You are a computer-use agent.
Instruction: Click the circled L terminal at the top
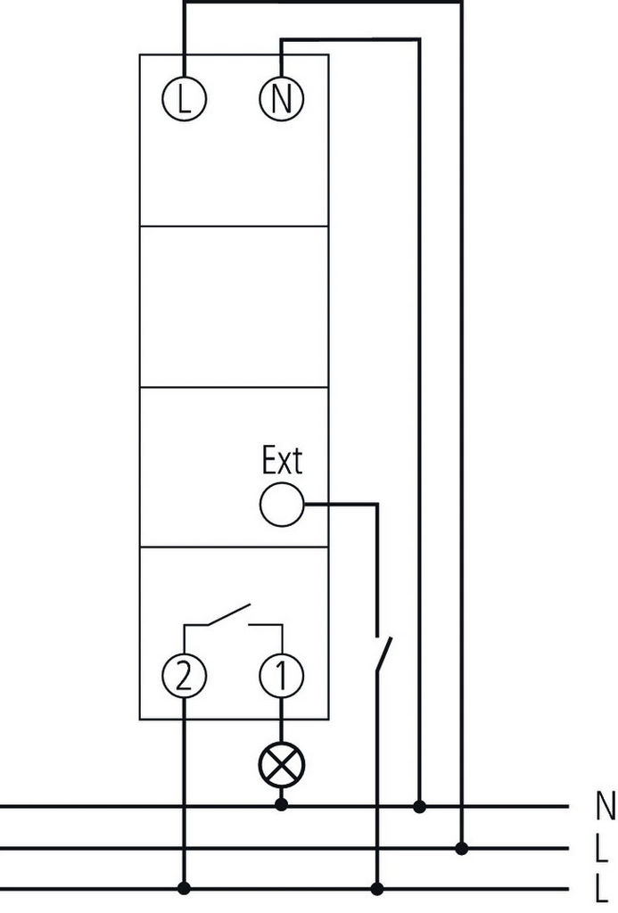pos(184,99)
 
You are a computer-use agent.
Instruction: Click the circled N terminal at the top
pos(281,99)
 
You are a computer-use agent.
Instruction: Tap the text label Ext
pos(282,461)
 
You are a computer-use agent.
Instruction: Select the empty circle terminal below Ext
pos(281,506)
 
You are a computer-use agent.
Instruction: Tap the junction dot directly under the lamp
pos(281,805)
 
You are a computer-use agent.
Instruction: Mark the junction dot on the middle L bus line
pos(461,847)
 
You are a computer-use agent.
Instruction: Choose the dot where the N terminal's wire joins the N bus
pos(419,806)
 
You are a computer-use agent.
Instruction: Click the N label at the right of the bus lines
pos(604,806)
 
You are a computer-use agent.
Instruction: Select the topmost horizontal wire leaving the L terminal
pos(321,2)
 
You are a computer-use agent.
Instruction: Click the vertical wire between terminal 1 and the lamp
pos(281,720)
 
